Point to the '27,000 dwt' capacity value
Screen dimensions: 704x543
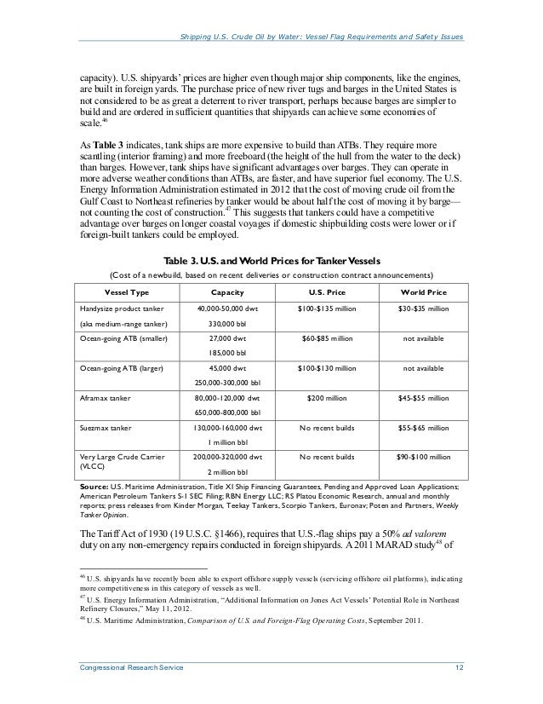point(228,338)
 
